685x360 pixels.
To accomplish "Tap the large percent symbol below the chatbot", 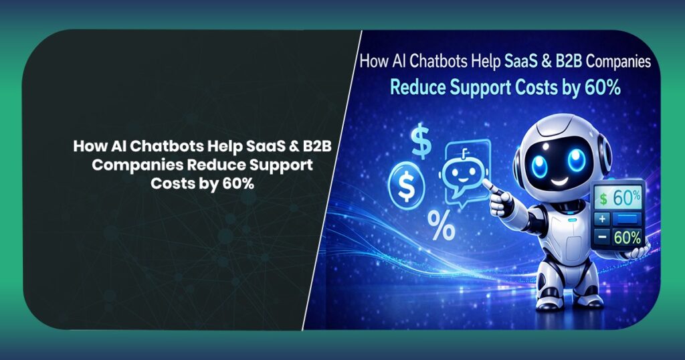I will coord(442,226).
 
